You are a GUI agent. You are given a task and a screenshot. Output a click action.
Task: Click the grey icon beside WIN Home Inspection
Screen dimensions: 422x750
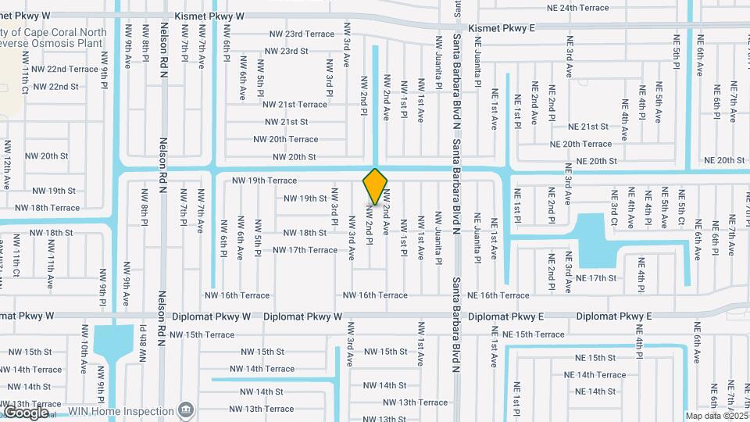pyautogui.click(x=185, y=409)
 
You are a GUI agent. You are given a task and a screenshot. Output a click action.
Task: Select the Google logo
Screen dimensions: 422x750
pyautogui.click(x=26, y=412)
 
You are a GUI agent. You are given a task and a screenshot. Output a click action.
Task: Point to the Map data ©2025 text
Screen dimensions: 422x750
pyautogui.click(x=716, y=416)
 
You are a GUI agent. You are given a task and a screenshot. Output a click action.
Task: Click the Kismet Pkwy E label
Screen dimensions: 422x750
pyautogui.click(x=502, y=29)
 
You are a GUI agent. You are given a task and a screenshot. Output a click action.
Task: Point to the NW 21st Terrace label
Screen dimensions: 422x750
pyautogui.click(x=295, y=105)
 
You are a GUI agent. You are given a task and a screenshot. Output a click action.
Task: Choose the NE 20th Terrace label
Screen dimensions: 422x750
pyautogui.click(x=580, y=144)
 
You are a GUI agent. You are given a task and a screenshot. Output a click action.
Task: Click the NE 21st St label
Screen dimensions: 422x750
pyautogui.click(x=587, y=127)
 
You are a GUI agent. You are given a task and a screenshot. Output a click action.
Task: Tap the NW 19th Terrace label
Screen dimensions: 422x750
pyautogui.click(x=264, y=181)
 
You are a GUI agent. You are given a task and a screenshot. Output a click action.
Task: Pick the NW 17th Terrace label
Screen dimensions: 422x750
pyautogui.click(x=305, y=250)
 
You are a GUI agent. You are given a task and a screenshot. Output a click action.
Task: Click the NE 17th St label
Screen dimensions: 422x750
pyautogui.click(x=596, y=278)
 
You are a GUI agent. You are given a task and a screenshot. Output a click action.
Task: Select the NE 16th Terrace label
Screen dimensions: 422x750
pyautogui.click(x=498, y=295)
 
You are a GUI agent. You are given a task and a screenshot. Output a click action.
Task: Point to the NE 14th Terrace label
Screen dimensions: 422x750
pyautogui.click(x=595, y=375)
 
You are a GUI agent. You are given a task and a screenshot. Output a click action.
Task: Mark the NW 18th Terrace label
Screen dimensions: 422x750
pyautogui.click(x=48, y=208)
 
